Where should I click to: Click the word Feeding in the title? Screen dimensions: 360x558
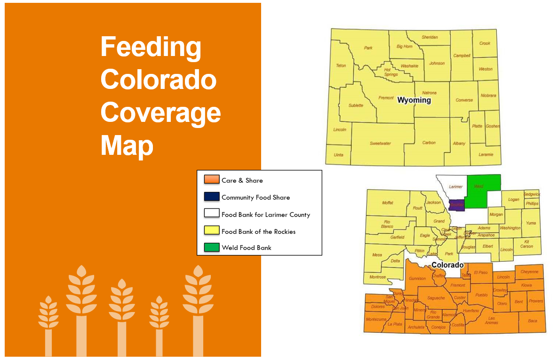click(x=151, y=48)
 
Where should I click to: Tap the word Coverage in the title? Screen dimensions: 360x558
click(x=160, y=113)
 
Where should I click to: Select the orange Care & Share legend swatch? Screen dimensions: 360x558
click(x=212, y=179)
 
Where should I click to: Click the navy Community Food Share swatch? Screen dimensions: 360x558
click(x=212, y=197)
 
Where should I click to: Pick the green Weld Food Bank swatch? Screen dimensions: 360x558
click(x=212, y=247)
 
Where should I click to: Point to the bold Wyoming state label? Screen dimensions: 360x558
click(x=414, y=100)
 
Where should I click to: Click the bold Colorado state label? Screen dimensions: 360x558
click(x=447, y=265)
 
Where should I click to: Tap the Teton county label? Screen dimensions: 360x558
click(x=341, y=65)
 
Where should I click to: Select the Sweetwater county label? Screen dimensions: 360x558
click(x=380, y=144)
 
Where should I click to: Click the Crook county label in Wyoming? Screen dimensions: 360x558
click(x=485, y=43)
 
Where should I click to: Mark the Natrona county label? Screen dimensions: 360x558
click(x=429, y=93)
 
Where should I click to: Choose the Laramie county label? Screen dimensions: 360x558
click(x=486, y=154)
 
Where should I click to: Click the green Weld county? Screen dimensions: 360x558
click(x=482, y=192)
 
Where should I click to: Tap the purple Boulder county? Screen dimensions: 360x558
click(x=457, y=205)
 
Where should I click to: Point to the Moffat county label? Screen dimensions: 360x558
click(x=388, y=203)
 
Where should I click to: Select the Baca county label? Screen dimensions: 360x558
click(x=532, y=320)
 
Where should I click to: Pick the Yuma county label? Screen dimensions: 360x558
click(x=531, y=223)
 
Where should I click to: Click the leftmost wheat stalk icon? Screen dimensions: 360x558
click(x=48, y=325)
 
